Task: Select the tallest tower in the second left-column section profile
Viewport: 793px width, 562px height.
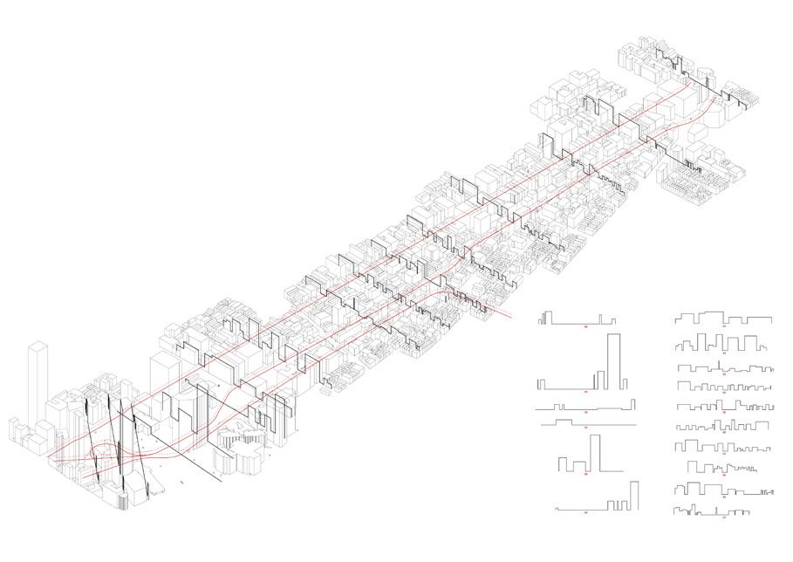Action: click(x=613, y=360)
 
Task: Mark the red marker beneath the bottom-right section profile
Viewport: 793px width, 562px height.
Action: click(x=724, y=517)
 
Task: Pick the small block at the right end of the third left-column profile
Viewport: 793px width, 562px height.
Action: click(x=632, y=403)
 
